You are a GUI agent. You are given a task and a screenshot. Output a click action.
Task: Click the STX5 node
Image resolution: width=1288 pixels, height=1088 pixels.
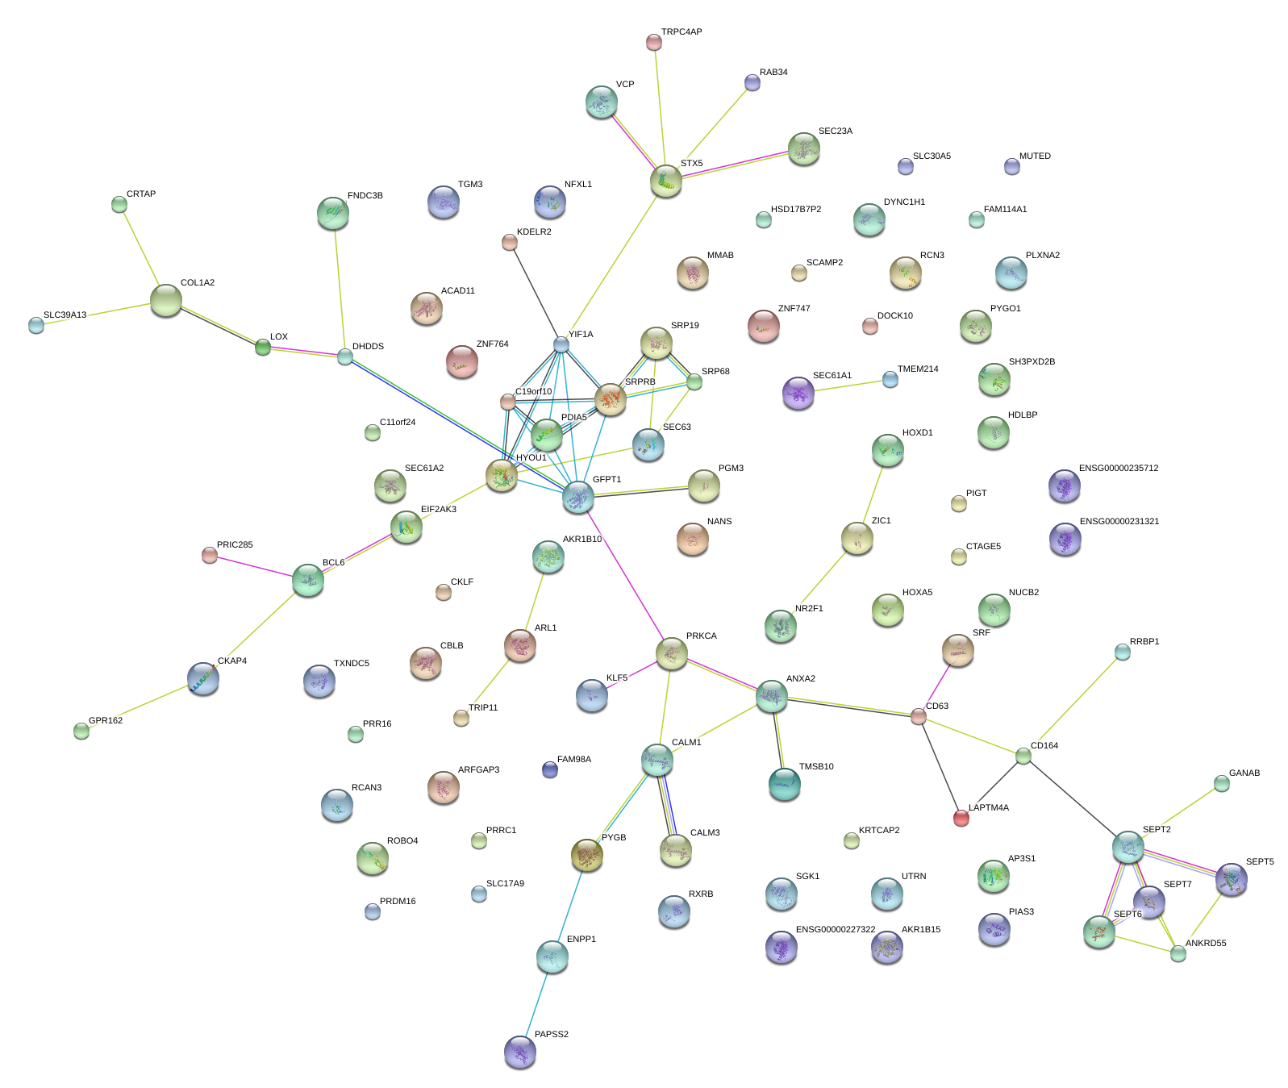coord(666,181)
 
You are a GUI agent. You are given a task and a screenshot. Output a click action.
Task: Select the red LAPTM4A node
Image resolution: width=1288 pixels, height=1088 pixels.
coord(961,818)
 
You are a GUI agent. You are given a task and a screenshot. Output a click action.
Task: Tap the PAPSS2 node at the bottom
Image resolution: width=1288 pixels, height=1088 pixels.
coord(519,1052)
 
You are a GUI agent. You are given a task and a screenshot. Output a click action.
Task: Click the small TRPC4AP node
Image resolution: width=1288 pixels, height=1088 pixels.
coord(654,42)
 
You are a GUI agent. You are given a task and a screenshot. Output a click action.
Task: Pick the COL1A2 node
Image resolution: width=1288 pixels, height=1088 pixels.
coord(166,300)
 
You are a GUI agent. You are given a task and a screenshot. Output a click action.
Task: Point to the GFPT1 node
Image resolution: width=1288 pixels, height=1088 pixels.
coord(577,497)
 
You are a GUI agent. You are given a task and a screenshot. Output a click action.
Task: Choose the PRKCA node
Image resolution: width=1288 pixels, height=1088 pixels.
coord(671,652)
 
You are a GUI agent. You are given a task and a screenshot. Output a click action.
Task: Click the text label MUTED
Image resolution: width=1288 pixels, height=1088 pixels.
coord(1035,156)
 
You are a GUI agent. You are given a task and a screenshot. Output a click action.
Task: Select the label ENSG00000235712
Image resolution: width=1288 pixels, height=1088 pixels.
coord(1118,469)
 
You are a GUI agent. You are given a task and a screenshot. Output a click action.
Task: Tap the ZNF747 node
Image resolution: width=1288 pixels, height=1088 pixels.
coord(763,326)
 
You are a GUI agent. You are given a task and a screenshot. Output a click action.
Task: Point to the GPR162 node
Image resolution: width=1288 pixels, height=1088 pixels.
coord(81,731)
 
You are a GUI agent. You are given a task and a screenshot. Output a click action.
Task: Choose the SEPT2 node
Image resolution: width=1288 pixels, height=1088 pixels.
coord(1128,847)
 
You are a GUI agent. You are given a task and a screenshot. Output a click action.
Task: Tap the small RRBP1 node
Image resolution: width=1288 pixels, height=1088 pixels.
coord(1122,652)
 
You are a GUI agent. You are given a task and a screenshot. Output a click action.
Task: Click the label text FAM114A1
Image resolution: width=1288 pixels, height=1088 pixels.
coord(1005,210)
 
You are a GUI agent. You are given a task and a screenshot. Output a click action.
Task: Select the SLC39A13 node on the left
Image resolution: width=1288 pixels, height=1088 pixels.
coord(36,325)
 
